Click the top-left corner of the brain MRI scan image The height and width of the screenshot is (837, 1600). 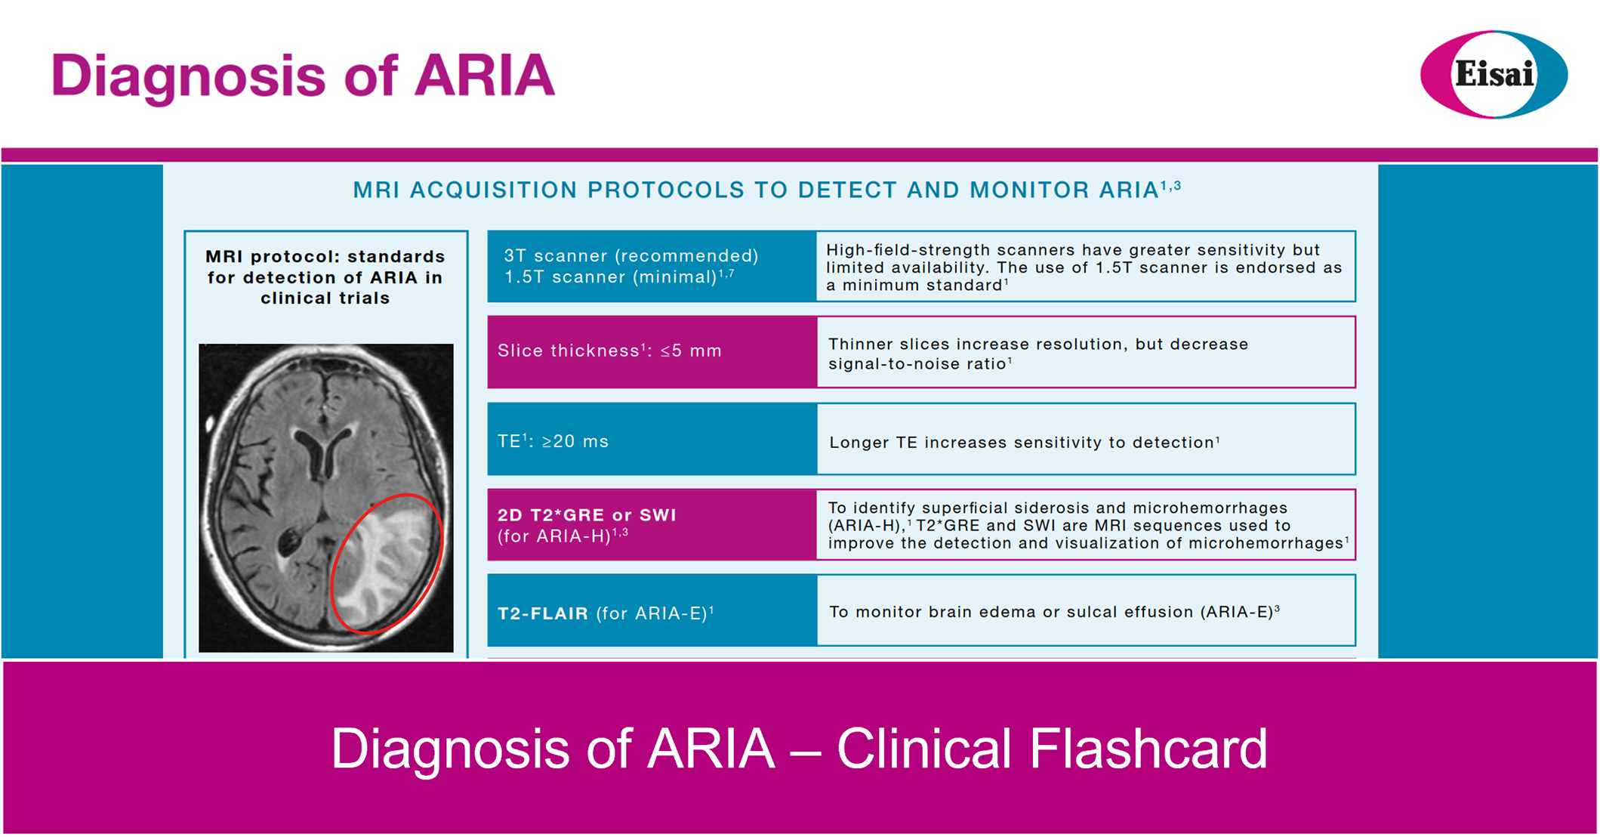[x=199, y=344]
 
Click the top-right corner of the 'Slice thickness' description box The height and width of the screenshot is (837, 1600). [x=1356, y=317]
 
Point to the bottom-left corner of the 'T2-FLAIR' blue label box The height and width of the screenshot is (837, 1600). [x=488, y=646]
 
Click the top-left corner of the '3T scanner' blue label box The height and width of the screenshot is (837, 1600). [x=488, y=230]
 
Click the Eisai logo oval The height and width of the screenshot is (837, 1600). [x=1494, y=74]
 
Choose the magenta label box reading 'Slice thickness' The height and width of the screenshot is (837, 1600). [x=652, y=352]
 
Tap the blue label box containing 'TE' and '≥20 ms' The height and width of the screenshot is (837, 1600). [x=652, y=439]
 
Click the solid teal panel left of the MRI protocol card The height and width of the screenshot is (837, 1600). [x=82, y=411]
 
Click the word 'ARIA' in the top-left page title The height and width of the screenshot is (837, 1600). [x=485, y=76]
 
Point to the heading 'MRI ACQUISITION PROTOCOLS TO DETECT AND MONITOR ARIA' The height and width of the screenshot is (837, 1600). [x=767, y=190]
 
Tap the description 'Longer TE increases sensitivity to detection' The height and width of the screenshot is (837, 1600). [x=1025, y=443]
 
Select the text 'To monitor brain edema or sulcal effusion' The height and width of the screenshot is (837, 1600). [x=1011, y=612]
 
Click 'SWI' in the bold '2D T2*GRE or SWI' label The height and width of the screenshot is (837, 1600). [x=658, y=515]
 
